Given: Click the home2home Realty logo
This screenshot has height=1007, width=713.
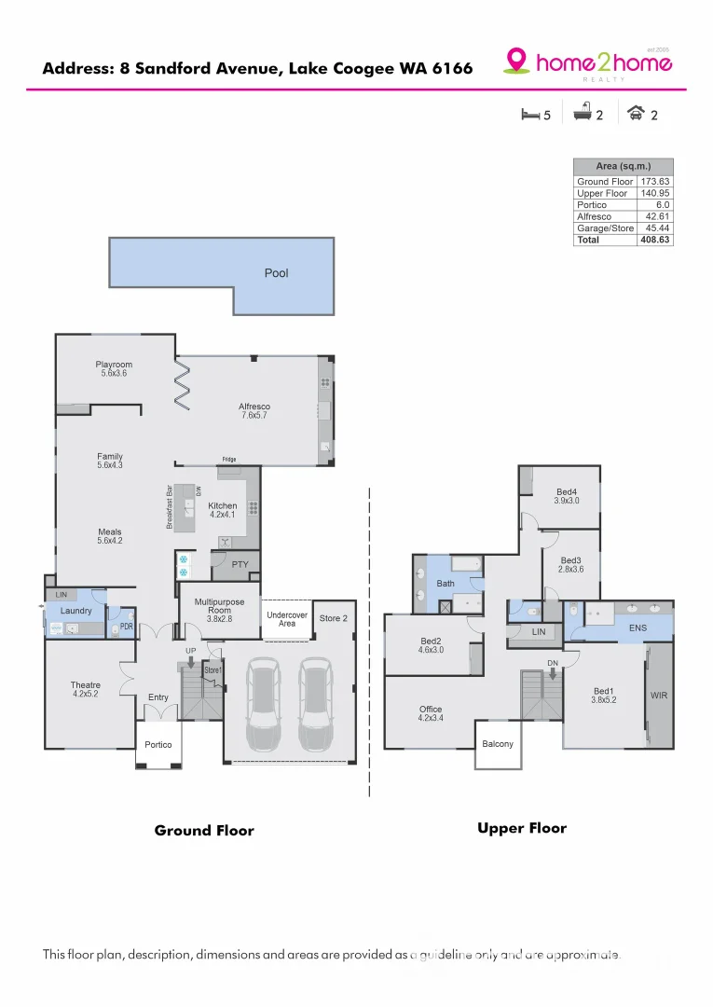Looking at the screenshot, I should (x=588, y=62).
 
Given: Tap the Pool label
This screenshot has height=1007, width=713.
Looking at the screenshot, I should (x=276, y=273).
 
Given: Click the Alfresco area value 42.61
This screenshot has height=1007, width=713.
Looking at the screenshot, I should (x=657, y=216).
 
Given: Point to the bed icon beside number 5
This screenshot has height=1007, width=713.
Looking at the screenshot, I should (x=529, y=115).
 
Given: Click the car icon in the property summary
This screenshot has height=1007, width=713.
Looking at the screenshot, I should (x=636, y=114).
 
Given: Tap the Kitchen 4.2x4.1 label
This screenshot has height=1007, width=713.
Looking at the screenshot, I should (x=222, y=510).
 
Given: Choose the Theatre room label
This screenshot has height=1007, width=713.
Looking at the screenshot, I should (x=85, y=690).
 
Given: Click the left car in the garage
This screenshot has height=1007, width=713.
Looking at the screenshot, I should (x=262, y=705).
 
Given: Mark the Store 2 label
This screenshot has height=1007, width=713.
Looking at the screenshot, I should (x=333, y=618).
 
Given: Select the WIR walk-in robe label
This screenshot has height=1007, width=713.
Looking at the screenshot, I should (x=661, y=696).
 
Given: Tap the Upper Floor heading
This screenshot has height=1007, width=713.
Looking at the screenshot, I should (x=521, y=828).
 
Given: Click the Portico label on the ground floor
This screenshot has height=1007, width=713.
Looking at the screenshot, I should (x=158, y=744).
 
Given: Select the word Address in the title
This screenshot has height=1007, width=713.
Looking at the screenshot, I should (x=77, y=68).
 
